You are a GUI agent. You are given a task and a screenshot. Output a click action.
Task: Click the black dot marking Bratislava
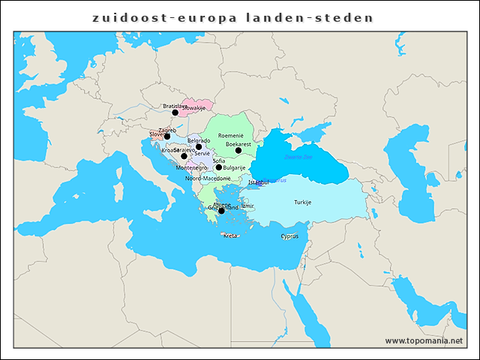coord(175,112)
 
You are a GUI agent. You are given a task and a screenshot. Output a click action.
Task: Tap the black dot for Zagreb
coord(167,136)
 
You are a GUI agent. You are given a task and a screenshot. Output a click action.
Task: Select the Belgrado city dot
coord(199,147)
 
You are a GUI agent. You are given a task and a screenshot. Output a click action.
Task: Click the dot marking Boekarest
coord(238,150)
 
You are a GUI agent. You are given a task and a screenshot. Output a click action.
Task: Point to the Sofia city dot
coord(219,167)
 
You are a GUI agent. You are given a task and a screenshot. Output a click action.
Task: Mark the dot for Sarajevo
coord(184,156)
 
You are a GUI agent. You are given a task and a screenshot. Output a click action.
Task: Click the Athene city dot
coord(221,211)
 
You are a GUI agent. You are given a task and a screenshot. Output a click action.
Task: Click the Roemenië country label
coord(231,136)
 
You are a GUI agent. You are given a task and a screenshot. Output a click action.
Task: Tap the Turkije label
coord(302,202)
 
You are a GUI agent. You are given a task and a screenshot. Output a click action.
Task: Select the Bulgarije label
coord(234,168)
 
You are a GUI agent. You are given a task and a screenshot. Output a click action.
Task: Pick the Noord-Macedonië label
coord(208,178)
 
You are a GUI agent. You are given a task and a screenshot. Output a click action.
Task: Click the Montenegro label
coord(191,168)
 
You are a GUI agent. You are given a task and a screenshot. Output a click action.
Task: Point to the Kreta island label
coord(230,235)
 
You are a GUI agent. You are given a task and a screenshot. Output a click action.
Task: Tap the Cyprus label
coord(289,236)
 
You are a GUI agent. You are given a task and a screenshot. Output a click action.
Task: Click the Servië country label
coord(202,154)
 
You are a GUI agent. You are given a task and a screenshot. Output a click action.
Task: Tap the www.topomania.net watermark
coord(424,340)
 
